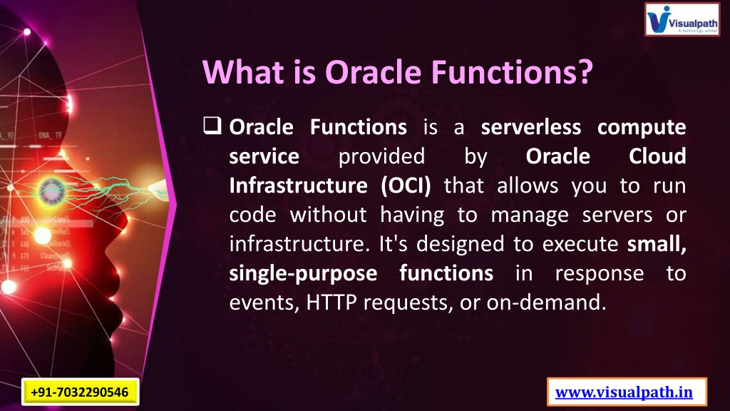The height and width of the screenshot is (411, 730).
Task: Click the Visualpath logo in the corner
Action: click(682, 19)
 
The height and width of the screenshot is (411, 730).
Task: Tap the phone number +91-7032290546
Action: click(80, 392)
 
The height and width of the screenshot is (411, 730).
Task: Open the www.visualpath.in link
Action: click(624, 392)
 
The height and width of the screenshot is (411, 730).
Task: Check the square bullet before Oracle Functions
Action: click(212, 126)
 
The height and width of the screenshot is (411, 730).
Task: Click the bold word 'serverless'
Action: click(530, 127)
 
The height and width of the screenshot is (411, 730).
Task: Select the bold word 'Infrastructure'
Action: click(299, 186)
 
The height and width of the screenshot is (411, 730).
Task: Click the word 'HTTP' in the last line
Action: click(331, 303)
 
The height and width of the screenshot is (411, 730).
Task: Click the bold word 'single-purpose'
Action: click(303, 274)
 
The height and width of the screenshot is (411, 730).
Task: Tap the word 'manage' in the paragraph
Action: click(530, 215)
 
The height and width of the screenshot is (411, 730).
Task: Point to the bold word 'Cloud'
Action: click(657, 156)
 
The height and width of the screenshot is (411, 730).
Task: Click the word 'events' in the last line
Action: click(264, 303)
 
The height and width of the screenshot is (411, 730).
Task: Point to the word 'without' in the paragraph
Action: click(328, 215)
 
